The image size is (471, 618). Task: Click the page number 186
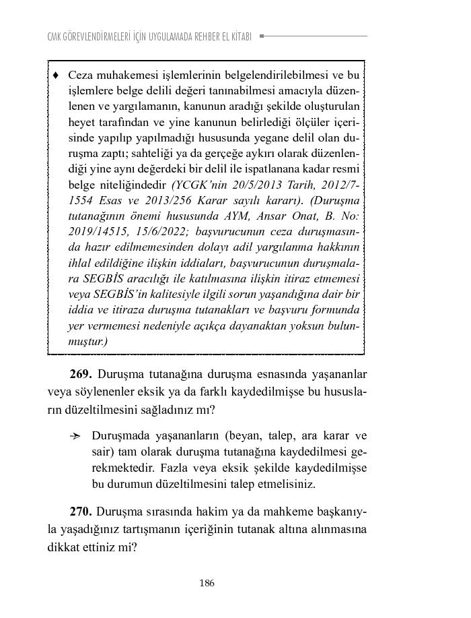coord(207,584)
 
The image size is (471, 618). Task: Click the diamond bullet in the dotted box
coord(56,75)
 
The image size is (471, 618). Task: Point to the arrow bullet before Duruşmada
coord(75,436)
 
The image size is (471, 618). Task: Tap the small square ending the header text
coord(262,36)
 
